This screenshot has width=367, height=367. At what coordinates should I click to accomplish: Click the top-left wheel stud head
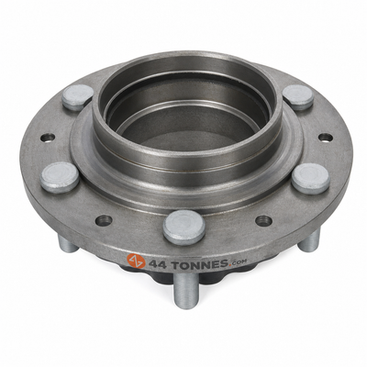point(78,97)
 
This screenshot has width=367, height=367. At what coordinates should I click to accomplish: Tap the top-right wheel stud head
point(298,97)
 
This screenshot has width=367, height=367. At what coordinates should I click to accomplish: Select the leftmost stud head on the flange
point(60,177)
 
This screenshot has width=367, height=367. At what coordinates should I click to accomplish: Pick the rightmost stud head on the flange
point(310,179)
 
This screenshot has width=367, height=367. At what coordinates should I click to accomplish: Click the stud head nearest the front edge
point(183,227)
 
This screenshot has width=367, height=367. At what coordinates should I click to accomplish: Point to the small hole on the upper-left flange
point(48,138)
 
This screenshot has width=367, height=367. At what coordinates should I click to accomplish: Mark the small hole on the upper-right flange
point(326,138)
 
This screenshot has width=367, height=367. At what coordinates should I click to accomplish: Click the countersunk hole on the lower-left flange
point(104,220)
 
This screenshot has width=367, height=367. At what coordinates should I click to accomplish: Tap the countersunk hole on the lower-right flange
point(263,220)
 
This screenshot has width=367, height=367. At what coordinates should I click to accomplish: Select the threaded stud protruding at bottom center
point(185,290)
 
